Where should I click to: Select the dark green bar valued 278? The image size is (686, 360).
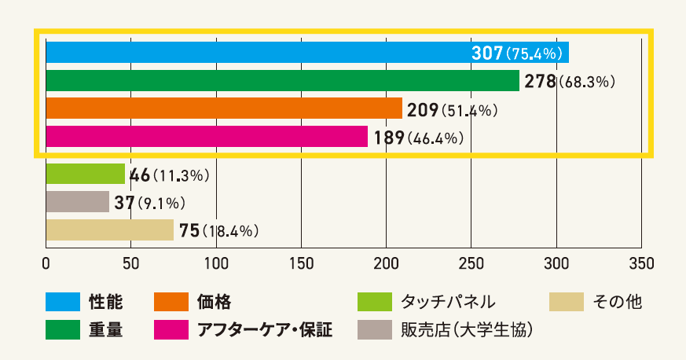283,81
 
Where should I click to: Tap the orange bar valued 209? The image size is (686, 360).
224,108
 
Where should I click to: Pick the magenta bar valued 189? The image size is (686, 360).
207,137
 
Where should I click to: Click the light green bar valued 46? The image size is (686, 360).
86,174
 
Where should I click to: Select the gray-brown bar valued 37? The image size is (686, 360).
77,202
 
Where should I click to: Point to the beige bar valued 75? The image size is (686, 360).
109,230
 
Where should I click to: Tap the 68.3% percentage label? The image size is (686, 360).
586,82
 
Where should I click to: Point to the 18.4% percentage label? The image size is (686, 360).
230,231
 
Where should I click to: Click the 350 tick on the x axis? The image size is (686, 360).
641,262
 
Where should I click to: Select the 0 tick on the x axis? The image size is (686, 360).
46,262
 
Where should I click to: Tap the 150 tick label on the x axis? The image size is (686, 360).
302,262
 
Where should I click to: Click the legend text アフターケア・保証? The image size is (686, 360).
264,329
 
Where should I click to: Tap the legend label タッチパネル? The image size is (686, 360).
448,301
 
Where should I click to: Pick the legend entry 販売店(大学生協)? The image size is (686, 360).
468,329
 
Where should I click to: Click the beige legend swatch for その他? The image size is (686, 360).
567,301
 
